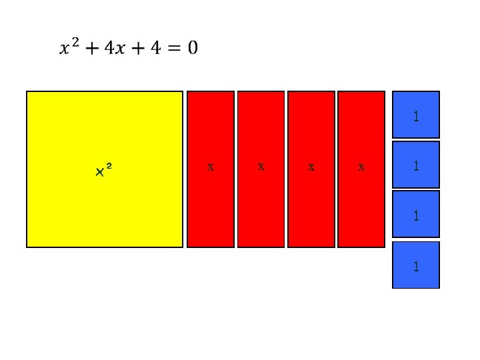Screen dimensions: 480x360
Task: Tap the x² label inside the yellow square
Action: point(103,171)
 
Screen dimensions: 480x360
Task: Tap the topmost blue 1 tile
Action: point(416,114)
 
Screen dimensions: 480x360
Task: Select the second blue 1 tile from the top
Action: point(416,165)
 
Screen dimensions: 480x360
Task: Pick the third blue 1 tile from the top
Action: point(416,215)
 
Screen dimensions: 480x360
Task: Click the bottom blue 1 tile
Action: point(416,265)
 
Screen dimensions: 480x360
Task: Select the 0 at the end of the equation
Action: point(192,48)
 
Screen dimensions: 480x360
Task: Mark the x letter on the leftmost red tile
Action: point(211,167)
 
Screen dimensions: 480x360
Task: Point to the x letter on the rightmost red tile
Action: point(361,167)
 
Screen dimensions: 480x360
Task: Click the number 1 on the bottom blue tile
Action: point(416,267)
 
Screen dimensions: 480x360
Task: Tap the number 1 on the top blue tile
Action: point(416,117)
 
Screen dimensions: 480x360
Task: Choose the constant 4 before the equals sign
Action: point(155,48)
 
